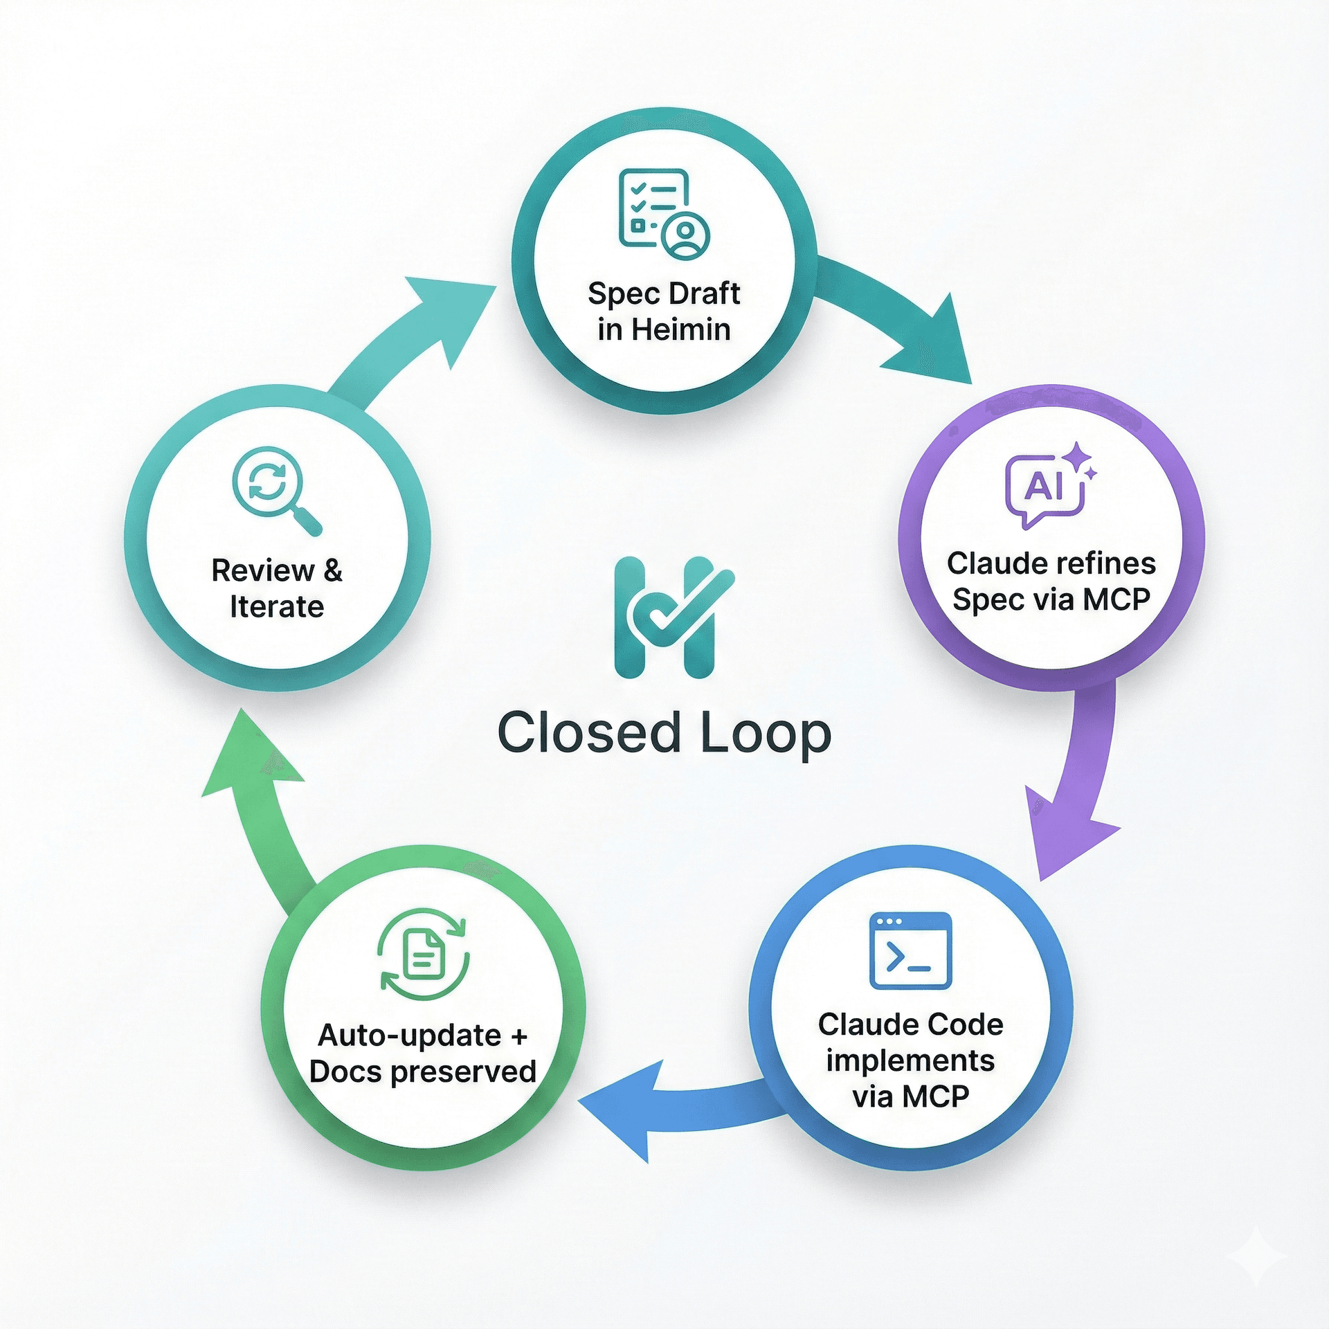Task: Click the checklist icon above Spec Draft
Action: coord(663,213)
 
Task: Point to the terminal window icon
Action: coord(910,950)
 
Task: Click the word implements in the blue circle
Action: coord(910,1060)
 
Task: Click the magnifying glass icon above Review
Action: coord(275,489)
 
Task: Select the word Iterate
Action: coord(277,606)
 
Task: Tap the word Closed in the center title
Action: coord(588,733)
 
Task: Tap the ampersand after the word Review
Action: coord(333,570)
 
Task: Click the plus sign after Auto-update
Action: coord(519,1036)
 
